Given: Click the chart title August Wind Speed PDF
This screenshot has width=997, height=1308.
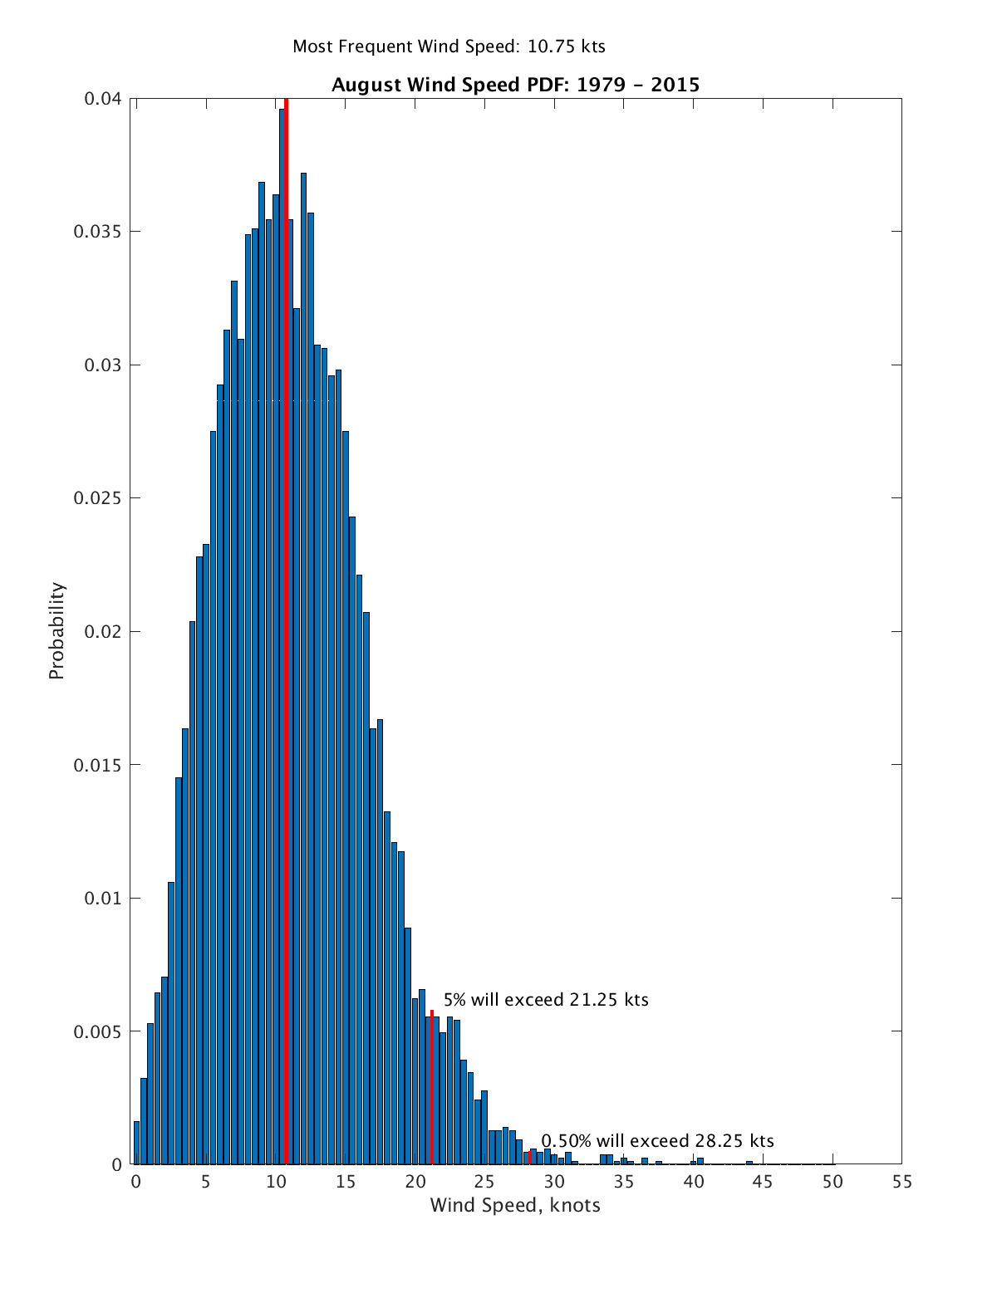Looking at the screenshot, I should (x=515, y=85).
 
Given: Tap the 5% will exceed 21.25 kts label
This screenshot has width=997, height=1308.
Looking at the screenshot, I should (x=546, y=1000).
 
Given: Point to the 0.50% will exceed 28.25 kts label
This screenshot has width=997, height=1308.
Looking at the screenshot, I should (x=657, y=1141).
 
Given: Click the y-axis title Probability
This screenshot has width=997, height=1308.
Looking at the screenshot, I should (x=56, y=631).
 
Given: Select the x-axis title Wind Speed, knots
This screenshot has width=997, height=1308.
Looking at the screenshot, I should (x=515, y=1205).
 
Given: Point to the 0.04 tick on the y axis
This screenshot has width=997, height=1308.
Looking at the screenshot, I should (x=103, y=99).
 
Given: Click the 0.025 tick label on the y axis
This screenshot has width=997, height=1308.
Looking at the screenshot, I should (x=97, y=498).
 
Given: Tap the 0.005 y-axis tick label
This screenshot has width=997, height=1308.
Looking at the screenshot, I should (x=97, y=1031).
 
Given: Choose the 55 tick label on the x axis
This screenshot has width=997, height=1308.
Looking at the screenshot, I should (x=902, y=1183).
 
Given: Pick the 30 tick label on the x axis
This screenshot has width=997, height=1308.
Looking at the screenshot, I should (x=554, y=1183).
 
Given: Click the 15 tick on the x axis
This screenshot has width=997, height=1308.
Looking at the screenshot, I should (x=345, y=1183).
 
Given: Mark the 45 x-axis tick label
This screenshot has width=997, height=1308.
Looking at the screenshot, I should (x=763, y=1183).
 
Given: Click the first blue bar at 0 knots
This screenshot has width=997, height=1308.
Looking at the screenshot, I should (x=136, y=1144).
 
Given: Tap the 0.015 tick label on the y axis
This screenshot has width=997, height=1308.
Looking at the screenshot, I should (x=97, y=765).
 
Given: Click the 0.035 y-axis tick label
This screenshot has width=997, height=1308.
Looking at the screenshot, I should (x=97, y=232).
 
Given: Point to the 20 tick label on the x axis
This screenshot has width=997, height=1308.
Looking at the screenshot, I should (x=415, y=1183).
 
